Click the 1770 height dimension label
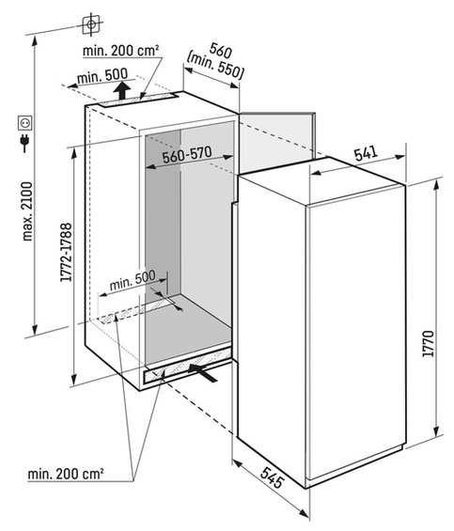point(429,343)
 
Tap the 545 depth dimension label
point(272,477)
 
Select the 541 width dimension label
point(366,154)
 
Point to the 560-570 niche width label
point(187,155)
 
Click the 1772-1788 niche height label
point(66,252)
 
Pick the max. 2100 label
point(27,211)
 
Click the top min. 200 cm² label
point(121,51)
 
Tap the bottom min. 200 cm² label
point(66,474)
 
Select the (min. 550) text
point(215,67)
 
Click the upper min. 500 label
point(102,76)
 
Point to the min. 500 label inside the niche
point(133,280)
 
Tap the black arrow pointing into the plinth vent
point(203,373)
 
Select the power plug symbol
point(24,142)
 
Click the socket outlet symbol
point(25,123)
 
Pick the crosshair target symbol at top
point(91,24)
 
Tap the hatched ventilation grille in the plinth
point(188,367)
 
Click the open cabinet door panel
point(277,142)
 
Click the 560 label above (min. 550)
point(221,51)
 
